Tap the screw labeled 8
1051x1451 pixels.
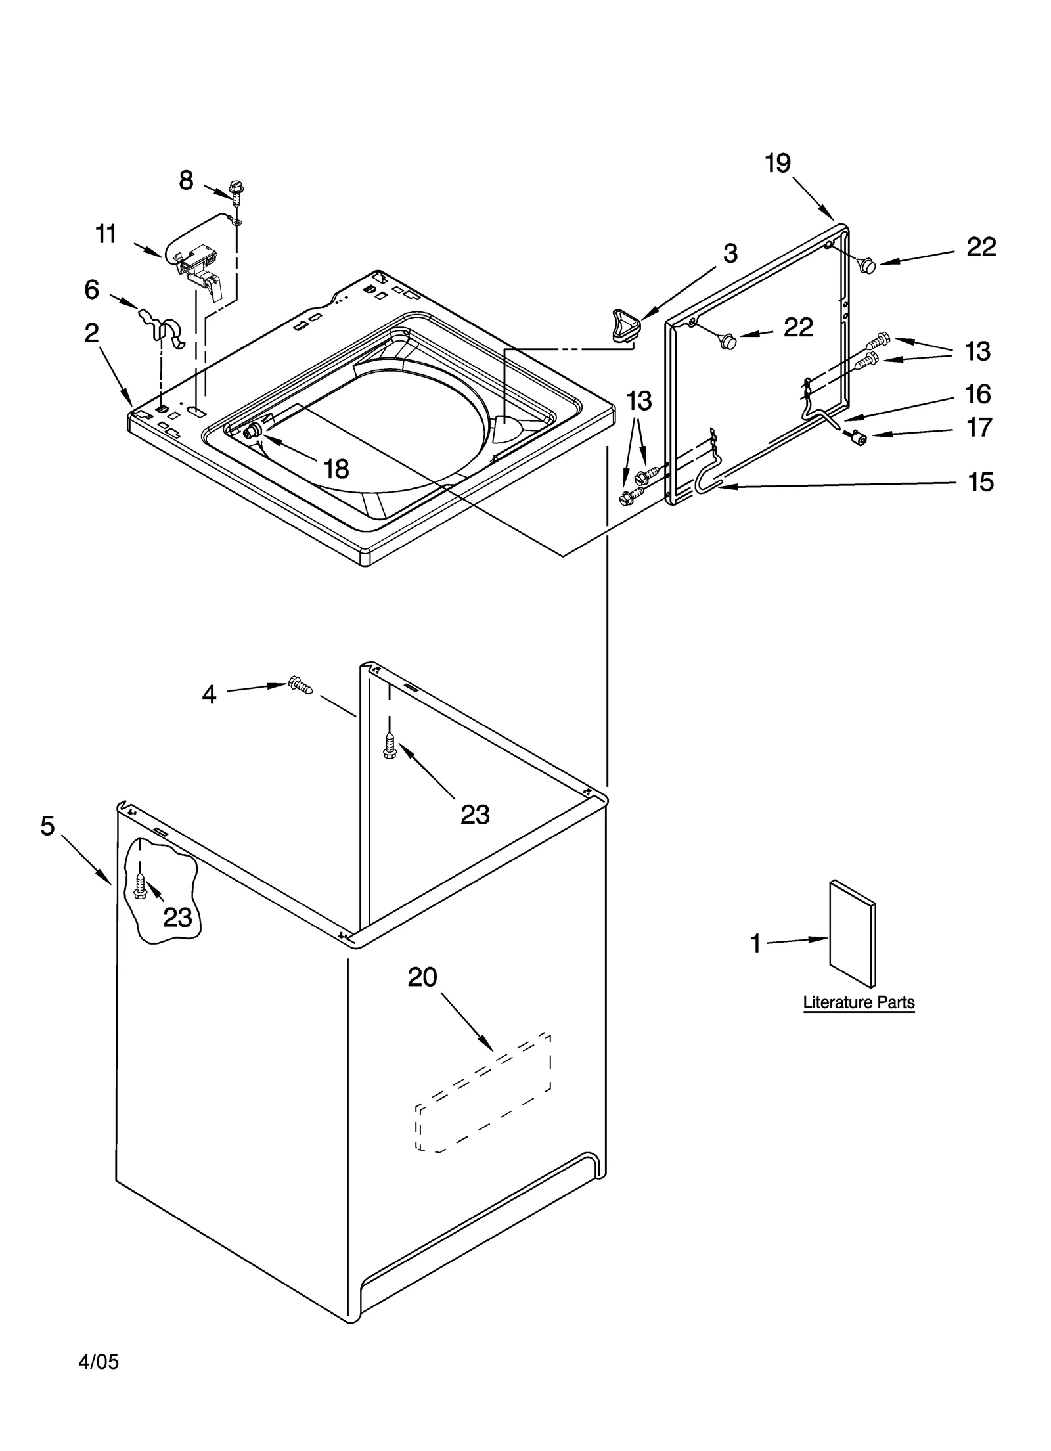tap(236, 190)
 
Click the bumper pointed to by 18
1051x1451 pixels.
tap(251, 432)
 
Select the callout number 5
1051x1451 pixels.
tap(47, 826)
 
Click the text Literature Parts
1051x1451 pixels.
tap(859, 1003)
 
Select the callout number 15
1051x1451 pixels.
tap(981, 481)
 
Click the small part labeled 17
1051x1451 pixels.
tap(856, 436)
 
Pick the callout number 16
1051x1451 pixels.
tap(977, 394)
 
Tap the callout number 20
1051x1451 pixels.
tap(422, 977)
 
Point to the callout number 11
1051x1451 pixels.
tap(106, 234)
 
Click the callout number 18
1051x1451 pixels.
tap(336, 468)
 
